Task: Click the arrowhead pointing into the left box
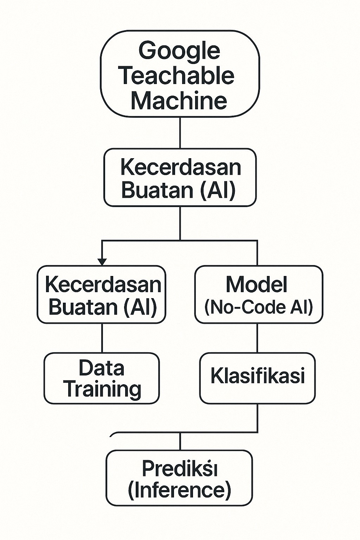click(x=102, y=262)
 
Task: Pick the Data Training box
click(x=102, y=378)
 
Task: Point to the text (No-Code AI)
click(x=259, y=307)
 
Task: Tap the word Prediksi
click(x=179, y=469)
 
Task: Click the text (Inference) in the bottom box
click(x=179, y=490)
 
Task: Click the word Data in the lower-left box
click(x=101, y=368)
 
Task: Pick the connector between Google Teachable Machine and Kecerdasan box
click(x=180, y=133)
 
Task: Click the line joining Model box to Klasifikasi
click(x=257, y=338)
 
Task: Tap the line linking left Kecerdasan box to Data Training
click(x=102, y=338)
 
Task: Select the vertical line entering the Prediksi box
click(x=180, y=442)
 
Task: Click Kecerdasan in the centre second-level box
click(x=181, y=167)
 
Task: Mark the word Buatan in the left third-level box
click(x=83, y=307)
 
